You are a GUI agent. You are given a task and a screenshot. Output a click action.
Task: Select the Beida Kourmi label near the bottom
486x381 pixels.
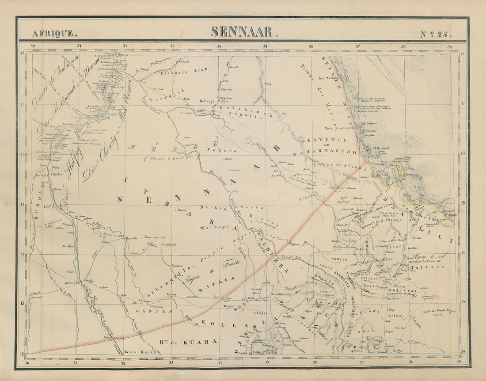click(142, 352)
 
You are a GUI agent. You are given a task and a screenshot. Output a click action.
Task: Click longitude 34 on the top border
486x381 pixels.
click(219, 46)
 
